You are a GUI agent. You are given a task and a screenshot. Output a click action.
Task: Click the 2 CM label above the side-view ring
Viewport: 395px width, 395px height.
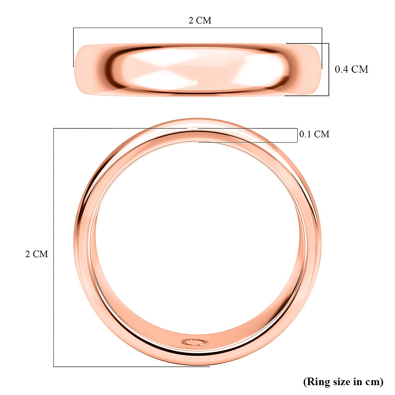coord(200,20)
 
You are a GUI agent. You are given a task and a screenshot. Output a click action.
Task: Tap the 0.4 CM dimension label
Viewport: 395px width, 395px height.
coord(351,69)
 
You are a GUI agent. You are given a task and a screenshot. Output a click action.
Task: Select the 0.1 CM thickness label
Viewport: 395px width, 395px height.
coord(314,134)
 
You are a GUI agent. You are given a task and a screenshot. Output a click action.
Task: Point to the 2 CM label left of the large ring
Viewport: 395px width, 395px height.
coord(37,254)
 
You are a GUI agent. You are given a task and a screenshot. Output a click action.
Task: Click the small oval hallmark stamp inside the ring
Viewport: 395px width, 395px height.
coord(195,342)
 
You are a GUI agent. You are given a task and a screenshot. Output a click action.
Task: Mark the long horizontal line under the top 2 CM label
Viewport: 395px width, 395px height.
coord(197,28)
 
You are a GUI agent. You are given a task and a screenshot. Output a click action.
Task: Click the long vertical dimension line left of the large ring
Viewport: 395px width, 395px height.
coord(54,247)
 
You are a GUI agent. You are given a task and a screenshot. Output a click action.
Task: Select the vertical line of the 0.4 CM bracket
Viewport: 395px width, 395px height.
coord(329,69)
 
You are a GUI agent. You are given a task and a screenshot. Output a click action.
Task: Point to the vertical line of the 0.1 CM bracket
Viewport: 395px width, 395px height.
coord(298,135)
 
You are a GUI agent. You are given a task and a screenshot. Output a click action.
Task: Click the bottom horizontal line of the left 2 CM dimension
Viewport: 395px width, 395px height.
coord(132,366)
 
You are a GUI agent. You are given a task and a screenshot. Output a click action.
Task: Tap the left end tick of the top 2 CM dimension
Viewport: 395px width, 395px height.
coord(73,48)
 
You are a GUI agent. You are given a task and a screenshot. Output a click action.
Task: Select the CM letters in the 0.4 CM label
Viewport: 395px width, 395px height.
coord(359,69)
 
